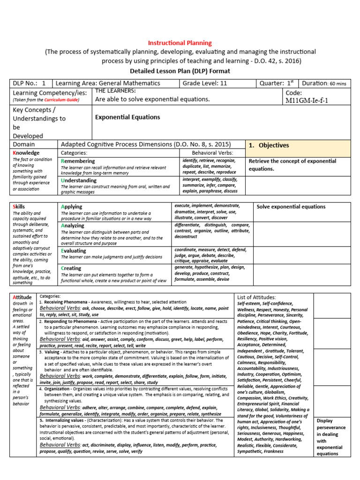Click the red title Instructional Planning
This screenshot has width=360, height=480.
coord(180,43)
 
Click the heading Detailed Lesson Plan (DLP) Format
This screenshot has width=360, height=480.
coord(180,71)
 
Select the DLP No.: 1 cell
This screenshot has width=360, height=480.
coord(31,83)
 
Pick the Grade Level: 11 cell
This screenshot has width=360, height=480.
coord(205,83)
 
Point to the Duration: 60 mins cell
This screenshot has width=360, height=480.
coord(324,83)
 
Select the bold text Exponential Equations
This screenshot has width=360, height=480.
coord(127,117)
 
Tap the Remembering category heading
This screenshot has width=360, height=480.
coord(78,161)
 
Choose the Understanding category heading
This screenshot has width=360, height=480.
coord(79,180)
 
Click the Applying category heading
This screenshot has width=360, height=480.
coord(71,206)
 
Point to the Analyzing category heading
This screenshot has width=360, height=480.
coord(73,225)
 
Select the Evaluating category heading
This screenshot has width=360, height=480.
coord(74,251)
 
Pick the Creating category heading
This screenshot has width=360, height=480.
coord(71,268)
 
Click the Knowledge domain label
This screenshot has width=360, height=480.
coord(26,153)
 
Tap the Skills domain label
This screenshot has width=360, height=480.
coord(19,207)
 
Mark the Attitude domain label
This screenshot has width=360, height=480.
coord(22,297)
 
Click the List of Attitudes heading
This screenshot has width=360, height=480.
coord(257,297)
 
